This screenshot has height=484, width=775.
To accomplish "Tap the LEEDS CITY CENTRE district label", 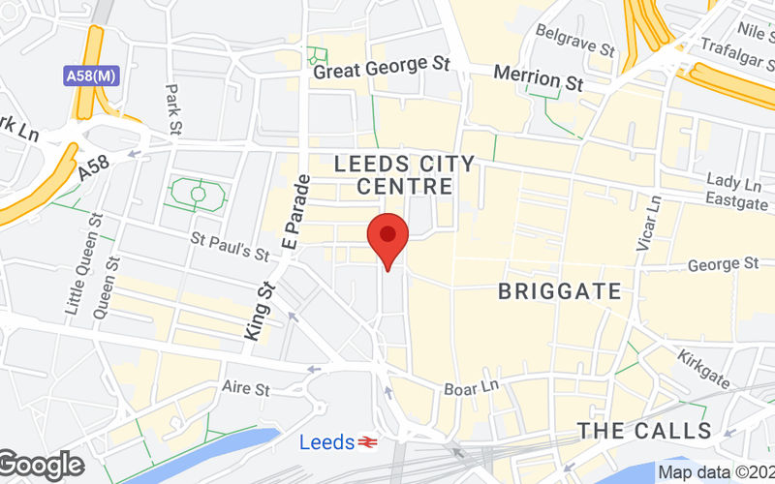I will [406, 174].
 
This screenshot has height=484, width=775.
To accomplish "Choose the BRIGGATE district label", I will [559, 290].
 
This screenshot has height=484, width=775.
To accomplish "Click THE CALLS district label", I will [644, 431].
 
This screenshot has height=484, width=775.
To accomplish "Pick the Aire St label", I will [245, 389].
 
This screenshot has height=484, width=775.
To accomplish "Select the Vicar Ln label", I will [647, 224].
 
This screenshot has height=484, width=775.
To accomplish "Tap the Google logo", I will [41, 466].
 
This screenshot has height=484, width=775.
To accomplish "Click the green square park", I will [198, 193].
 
